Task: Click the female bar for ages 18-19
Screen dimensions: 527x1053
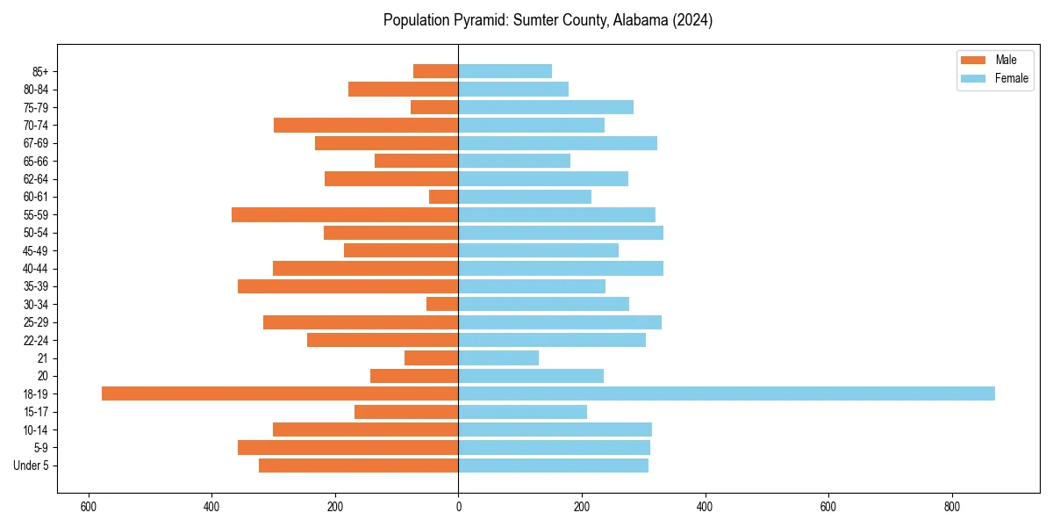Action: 727,393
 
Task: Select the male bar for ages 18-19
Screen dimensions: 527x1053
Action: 280,393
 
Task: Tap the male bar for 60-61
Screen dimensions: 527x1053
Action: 444,197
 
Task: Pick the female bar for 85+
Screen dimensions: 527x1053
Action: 505,71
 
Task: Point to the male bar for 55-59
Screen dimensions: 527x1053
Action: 345,214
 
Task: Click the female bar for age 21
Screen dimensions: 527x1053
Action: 498,357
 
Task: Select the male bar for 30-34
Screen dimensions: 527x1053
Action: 442,304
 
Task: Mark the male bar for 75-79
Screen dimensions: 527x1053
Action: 434,107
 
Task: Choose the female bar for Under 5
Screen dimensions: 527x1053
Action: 553,466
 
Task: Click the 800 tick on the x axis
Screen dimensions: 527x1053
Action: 951,507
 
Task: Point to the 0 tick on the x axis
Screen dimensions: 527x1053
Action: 458,507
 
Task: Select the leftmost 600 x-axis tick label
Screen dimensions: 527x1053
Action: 88,507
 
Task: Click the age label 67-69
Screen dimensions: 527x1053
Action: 35,143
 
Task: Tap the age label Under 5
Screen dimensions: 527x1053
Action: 31,466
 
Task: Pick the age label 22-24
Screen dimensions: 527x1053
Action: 35,340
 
